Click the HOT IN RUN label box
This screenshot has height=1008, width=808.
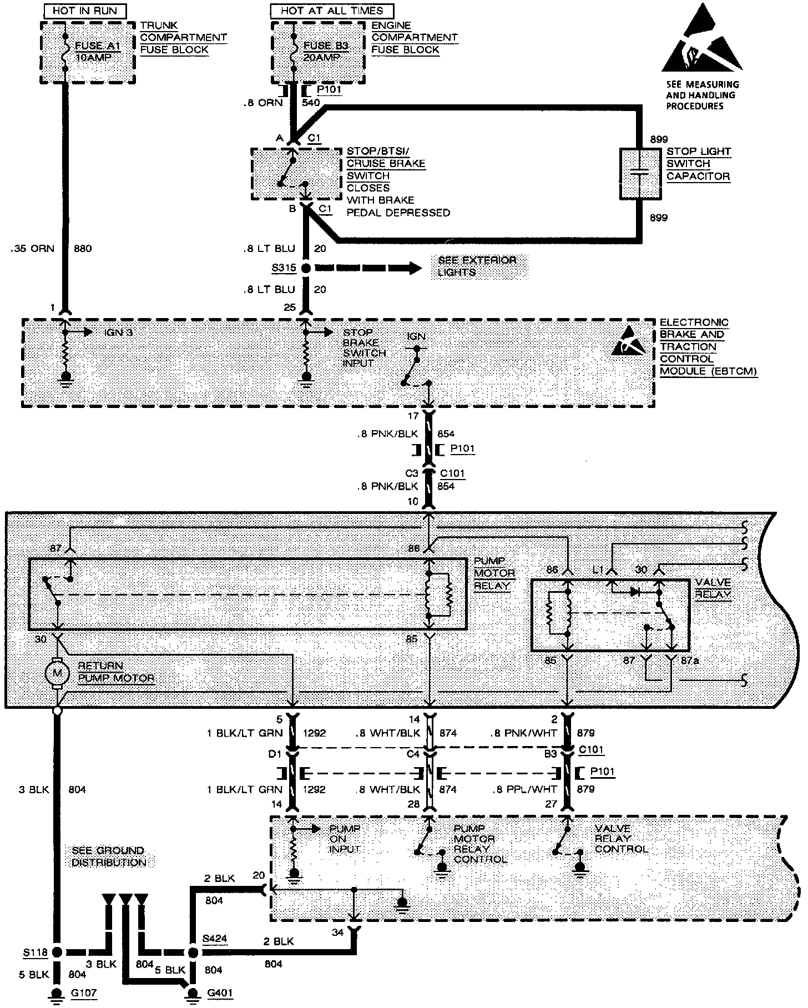pyautogui.click(x=85, y=11)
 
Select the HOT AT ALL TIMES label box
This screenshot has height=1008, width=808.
pyautogui.click(x=331, y=11)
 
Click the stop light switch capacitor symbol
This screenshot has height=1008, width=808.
pyautogui.click(x=640, y=173)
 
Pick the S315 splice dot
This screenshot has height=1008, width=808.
pyautogui.click(x=305, y=269)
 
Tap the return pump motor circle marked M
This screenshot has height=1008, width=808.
pyautogui.click(x=57, y=673)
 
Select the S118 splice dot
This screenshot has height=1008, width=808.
pyautogui.click(x=57, y=952)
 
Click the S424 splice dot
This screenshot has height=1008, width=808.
pyautogui.click(x=193, y=952)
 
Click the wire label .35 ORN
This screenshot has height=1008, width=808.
pyautogui.click(x=32, y=248)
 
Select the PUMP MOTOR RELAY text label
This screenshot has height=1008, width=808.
pyautogui.click(x=494, y=573)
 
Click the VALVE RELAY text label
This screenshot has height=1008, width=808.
pyautogui.click(x=713, y=588)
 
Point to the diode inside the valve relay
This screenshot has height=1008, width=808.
pyautogui.click(x=635, y=592)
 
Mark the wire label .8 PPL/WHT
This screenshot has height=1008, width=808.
pyautogui.click(x=525, y=789)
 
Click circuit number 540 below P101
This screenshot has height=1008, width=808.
pyautogui.click(x=311, y=103)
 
